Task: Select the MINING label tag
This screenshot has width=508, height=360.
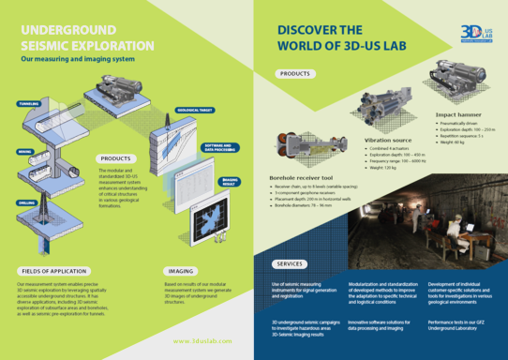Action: pyautogui.click(x=25, y=151)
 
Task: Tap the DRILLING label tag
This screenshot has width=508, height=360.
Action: pyautogui.click(x=27, y=202)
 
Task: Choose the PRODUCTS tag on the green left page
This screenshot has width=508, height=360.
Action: pyautogui.click(x=115, y=158)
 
